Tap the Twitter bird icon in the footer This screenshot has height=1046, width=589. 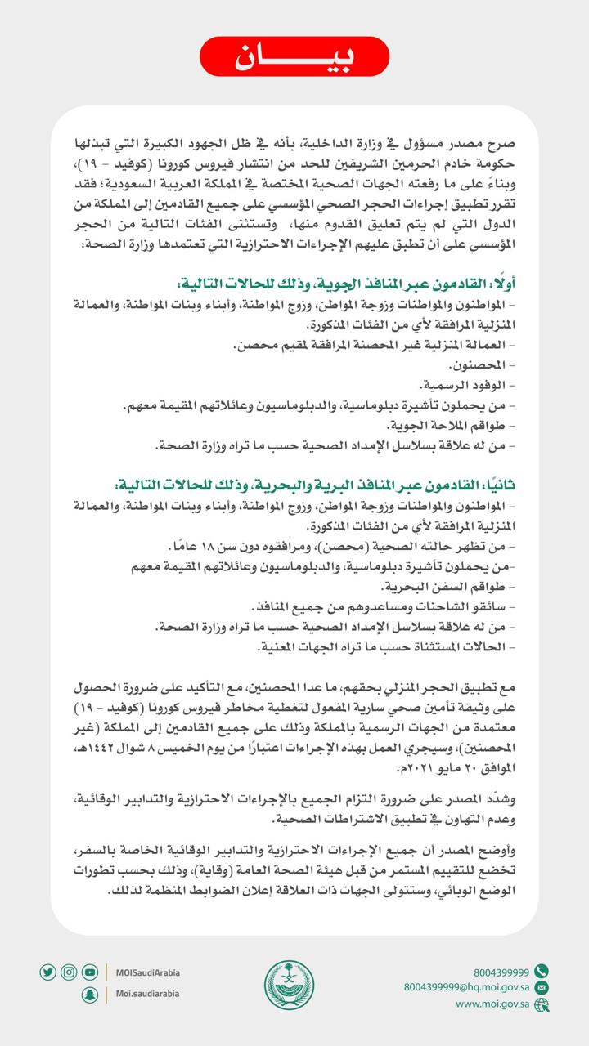pyautogui.click(x=47, y=972)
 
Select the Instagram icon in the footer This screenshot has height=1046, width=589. pyautogui.click(x=69, y=972)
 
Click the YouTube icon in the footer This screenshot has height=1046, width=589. pyautogui.click(x=90, y=972)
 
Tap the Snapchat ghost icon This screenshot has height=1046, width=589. pyautogui.click(x=90, y=994)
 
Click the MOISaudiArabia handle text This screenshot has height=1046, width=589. pyautogui.click(x=148, y=972)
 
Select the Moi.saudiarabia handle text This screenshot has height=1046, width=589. pyautogui.click(x=147, y=994)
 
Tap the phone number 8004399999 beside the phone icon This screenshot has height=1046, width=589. pyautogui.click(x=501, y=972)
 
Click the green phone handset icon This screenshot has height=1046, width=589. pyautogui.click(x=541, y=972)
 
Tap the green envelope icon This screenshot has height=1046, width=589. pyautogui.click(x=541, y=987)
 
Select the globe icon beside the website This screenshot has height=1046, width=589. pyautogui.click(x=541, y=1004)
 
